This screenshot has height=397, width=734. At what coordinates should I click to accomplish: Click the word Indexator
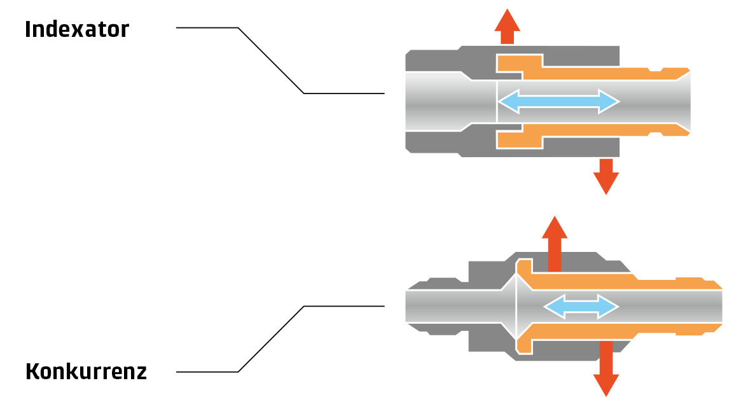click(77, 29)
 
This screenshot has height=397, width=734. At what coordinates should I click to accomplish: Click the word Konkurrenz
click(86, 372)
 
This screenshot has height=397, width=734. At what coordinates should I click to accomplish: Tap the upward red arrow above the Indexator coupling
click(507, 27)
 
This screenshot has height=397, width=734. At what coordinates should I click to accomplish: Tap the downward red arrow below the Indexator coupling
click(606, 176)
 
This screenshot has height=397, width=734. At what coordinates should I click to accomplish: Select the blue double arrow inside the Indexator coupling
click(558, 102)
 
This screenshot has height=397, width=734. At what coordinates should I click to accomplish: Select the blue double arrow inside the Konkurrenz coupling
click(581, 307)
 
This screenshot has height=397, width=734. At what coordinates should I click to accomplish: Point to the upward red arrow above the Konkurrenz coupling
click(555, 244)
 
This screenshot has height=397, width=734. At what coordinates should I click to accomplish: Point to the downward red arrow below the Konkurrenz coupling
click(606, 368)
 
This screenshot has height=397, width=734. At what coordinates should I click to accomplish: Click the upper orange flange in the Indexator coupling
click(520, 63)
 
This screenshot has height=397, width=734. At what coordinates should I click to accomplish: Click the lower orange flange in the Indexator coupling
click(520, 140)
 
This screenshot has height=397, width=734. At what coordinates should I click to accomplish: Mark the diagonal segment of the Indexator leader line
click(271, 60)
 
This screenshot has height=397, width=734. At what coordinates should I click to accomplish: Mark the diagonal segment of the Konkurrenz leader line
click(271, 339)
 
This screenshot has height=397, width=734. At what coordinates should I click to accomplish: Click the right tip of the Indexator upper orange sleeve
click(690, 71)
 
